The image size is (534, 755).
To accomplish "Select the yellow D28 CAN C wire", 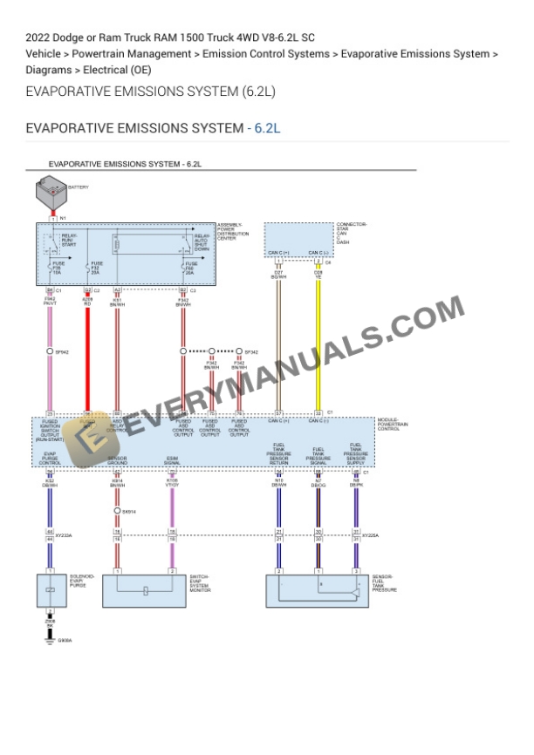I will pos(318,349).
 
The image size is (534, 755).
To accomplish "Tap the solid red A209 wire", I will pos(87,349).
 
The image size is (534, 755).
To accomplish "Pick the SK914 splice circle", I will pos(117,511).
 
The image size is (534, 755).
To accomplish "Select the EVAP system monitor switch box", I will pos(144,590).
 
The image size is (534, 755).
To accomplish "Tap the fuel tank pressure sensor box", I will pos(318,590).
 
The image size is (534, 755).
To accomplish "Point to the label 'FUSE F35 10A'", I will pos(58,267).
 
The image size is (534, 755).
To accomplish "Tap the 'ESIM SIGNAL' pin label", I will pos(172,460).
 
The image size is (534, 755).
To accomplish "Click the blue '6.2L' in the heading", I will pos(266,128).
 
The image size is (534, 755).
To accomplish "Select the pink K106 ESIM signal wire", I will pos(172,514).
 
